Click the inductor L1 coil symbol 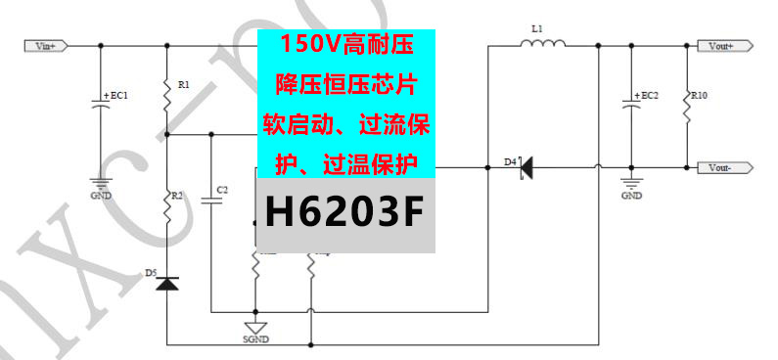point(545,44)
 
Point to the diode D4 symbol point(526,168)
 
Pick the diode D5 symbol point(167,284)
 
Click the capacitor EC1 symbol point(99,106)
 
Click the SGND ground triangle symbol point(255,328)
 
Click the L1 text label point(536,29)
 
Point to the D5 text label point(152,273)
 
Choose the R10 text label point(699,96)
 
